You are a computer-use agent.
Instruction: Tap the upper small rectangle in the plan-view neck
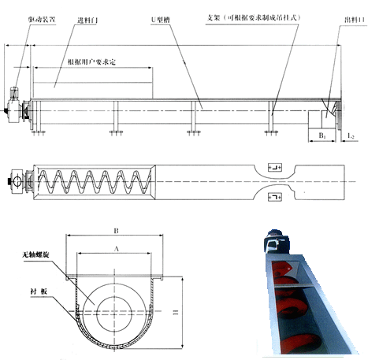[275, 167]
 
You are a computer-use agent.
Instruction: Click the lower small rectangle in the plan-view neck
[275, 195]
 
